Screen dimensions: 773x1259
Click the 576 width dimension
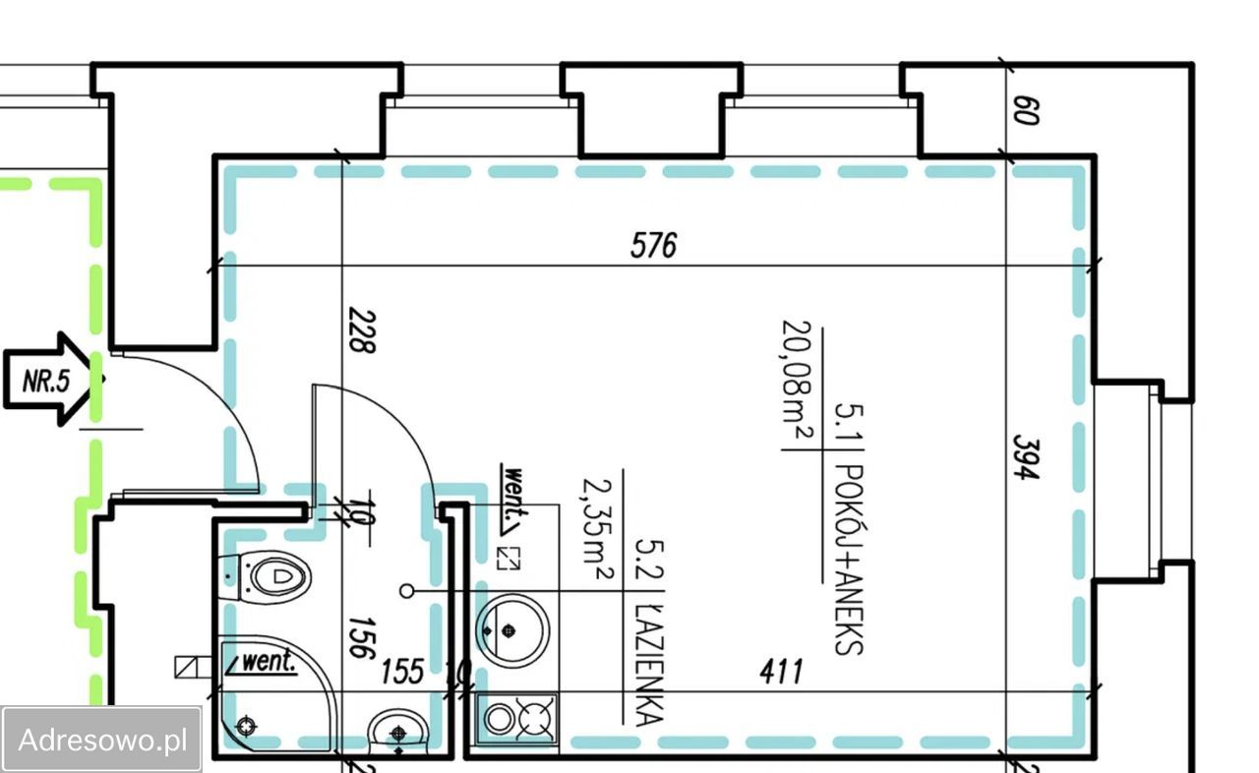[x=654, y=245]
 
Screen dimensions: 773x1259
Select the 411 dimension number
[x=782, y=672]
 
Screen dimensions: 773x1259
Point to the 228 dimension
[x=362, y=332]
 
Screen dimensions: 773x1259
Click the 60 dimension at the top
[x=1025, y=108]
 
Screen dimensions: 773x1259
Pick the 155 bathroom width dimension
[x=402, y=672]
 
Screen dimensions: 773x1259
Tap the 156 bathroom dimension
[x=362, y=637]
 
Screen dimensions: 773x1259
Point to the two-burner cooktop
[x=517, y=718]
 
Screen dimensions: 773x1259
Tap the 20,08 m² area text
[x=800, y=384]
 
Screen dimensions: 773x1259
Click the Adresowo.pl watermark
[x=102, y=739]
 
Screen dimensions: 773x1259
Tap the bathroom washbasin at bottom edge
[x=399, y=732]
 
